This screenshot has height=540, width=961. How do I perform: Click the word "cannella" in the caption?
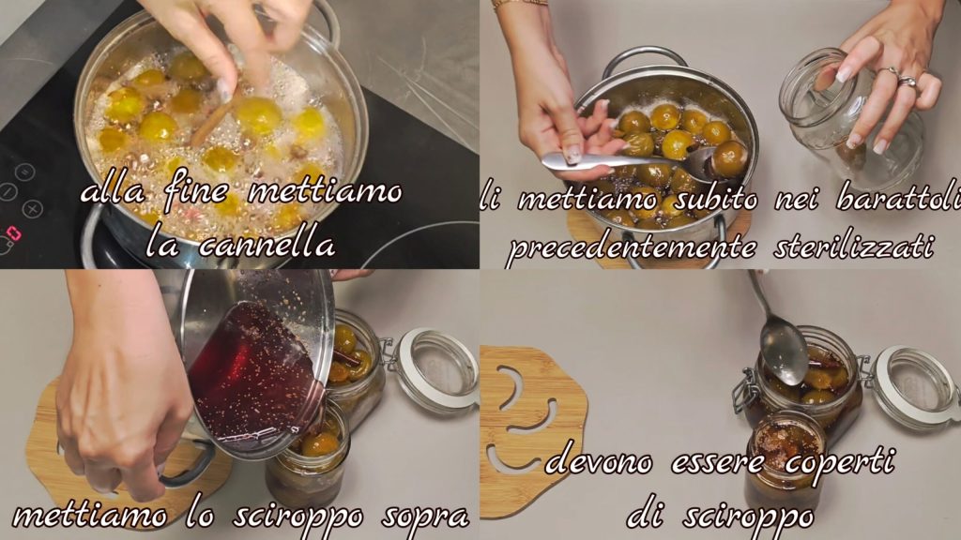click(267, 245)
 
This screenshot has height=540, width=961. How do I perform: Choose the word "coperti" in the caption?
click(839, 462)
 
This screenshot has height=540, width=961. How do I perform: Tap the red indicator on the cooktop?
click(13, 233)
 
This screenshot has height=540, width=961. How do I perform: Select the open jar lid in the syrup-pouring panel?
click(435, 367)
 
